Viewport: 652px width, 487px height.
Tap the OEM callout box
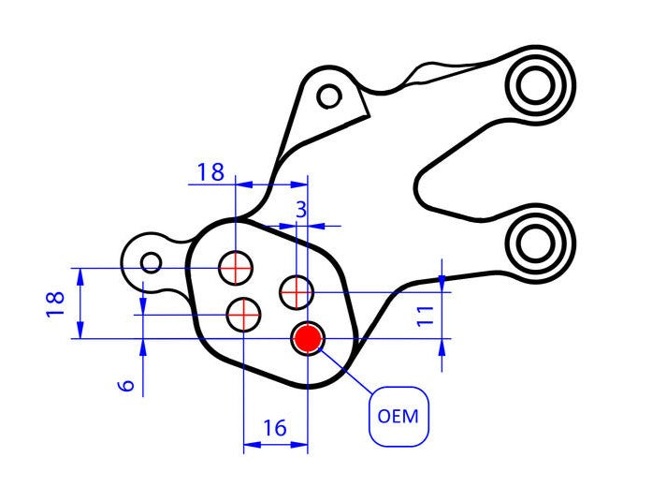399,415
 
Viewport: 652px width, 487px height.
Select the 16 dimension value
274,428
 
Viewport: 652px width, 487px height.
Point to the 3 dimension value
301,209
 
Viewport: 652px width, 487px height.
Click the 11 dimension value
426,315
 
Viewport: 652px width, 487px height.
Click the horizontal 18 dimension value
210,171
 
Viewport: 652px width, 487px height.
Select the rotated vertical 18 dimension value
55,303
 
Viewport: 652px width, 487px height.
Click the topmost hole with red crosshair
236,269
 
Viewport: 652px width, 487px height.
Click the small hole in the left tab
152,261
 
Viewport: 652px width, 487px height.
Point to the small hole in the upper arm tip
328,96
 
